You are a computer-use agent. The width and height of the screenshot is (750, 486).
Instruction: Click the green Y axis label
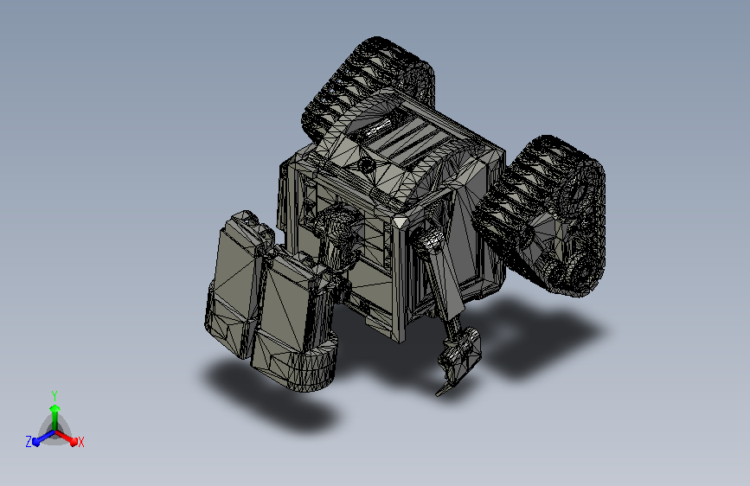pyautogui.click(x=54, y=395)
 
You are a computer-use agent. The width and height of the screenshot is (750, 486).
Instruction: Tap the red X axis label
pyautogui.click(x=80, y=442)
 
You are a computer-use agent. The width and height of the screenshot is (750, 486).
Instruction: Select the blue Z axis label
pyautogui.click(x=29, y=442)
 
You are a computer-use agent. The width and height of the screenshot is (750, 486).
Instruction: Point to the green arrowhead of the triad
pyautogui.click(x=55, y=409)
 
